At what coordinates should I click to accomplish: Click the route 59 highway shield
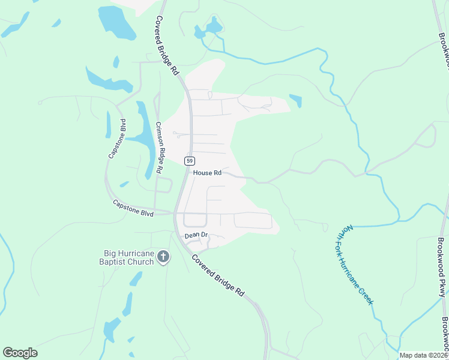tap(190, 161)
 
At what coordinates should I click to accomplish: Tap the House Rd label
tap(208, 173)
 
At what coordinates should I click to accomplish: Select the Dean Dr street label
tap(196, 236)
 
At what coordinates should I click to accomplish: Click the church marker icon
tap(163, 257)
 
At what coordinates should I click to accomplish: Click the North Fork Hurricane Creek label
tap(355, 265)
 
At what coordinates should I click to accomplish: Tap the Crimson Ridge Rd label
tap(160, 148)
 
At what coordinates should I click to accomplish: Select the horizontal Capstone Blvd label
tap(133, 208)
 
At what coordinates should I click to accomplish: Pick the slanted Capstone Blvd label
tap(117, 139)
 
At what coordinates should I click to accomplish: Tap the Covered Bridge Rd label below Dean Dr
tap(218, 275)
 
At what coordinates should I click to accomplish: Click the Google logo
tap(20, 353)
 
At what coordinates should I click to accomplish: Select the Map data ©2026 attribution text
tap(423, 355)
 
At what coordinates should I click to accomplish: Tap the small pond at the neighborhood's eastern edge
tap(295, 100)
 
